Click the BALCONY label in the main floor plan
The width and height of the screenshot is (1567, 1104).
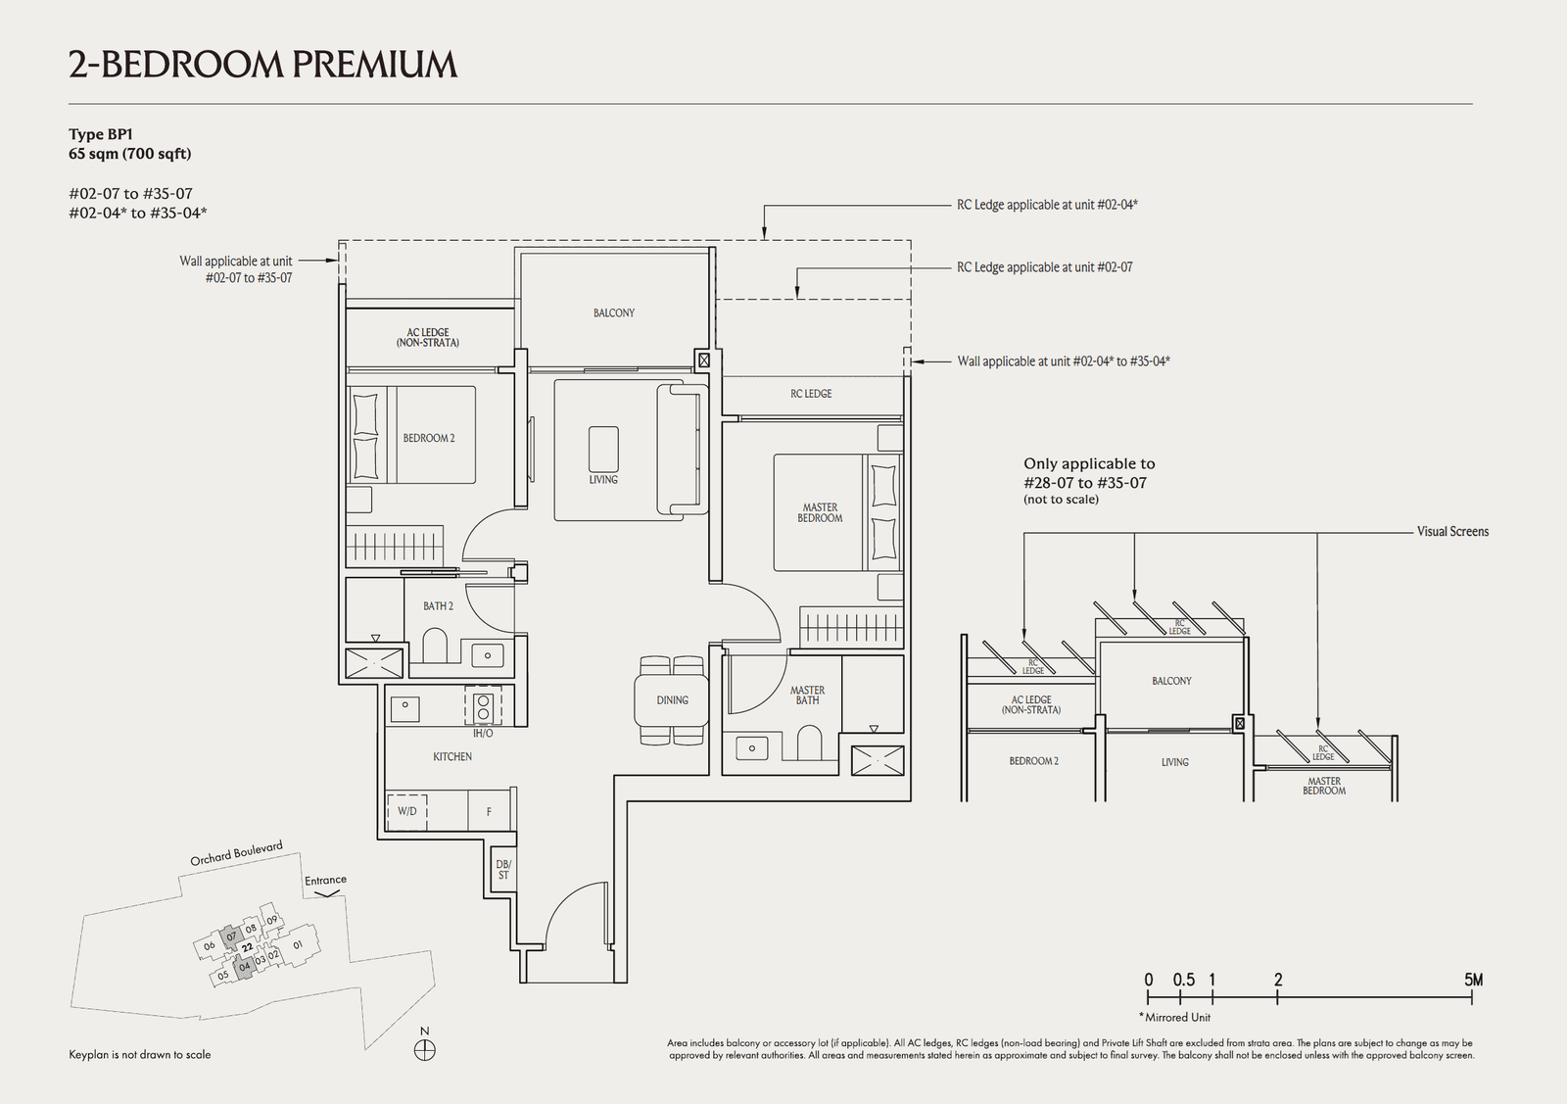(x=613, y=312)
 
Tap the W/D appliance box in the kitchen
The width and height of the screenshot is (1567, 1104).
(x=406, y=811)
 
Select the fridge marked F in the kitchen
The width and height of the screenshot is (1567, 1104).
(x=489, y=811)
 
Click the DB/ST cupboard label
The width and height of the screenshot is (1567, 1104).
(x=503, y=869)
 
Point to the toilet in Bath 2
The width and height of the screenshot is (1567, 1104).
(x=435, y=647)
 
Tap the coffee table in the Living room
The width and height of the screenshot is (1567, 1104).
(x=603, y=450)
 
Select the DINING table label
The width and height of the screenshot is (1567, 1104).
(x=672, y=699)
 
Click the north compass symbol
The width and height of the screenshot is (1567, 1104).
(x=424, y=1051)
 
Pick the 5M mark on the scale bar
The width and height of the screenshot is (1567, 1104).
(x=1472, y=980)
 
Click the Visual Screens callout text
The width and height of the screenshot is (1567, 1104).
(x=1451, y=532)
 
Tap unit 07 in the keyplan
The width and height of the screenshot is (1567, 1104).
(x=232, y=936)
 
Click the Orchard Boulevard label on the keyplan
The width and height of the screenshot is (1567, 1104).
(x=236, y=853)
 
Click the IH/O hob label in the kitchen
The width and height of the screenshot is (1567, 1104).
(x=483, y=733)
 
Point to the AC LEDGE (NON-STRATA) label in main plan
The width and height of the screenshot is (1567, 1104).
(x=428, y=338)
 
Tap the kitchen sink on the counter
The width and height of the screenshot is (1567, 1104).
(x=404, y=704)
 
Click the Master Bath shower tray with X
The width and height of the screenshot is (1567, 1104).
(x=877, y=760)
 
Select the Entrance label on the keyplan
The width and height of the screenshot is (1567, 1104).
(x=325, y=881)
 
